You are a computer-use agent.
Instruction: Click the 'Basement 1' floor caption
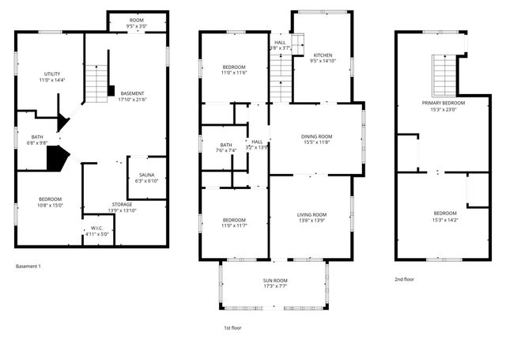pyautogui.click(x=28, y=266)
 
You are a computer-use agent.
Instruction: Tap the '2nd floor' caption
pyautogui.click(x=404, y=279)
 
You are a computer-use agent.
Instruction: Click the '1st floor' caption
pyautogui.click(x=232, y=327)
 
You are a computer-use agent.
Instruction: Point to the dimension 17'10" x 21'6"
pyautogui.click(x=132, y=100)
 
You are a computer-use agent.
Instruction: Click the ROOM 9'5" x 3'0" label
pyautogui.click(x=137, y=23)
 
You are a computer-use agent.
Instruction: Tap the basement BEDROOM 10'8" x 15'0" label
pyautogui.click(x=50, y=202)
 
